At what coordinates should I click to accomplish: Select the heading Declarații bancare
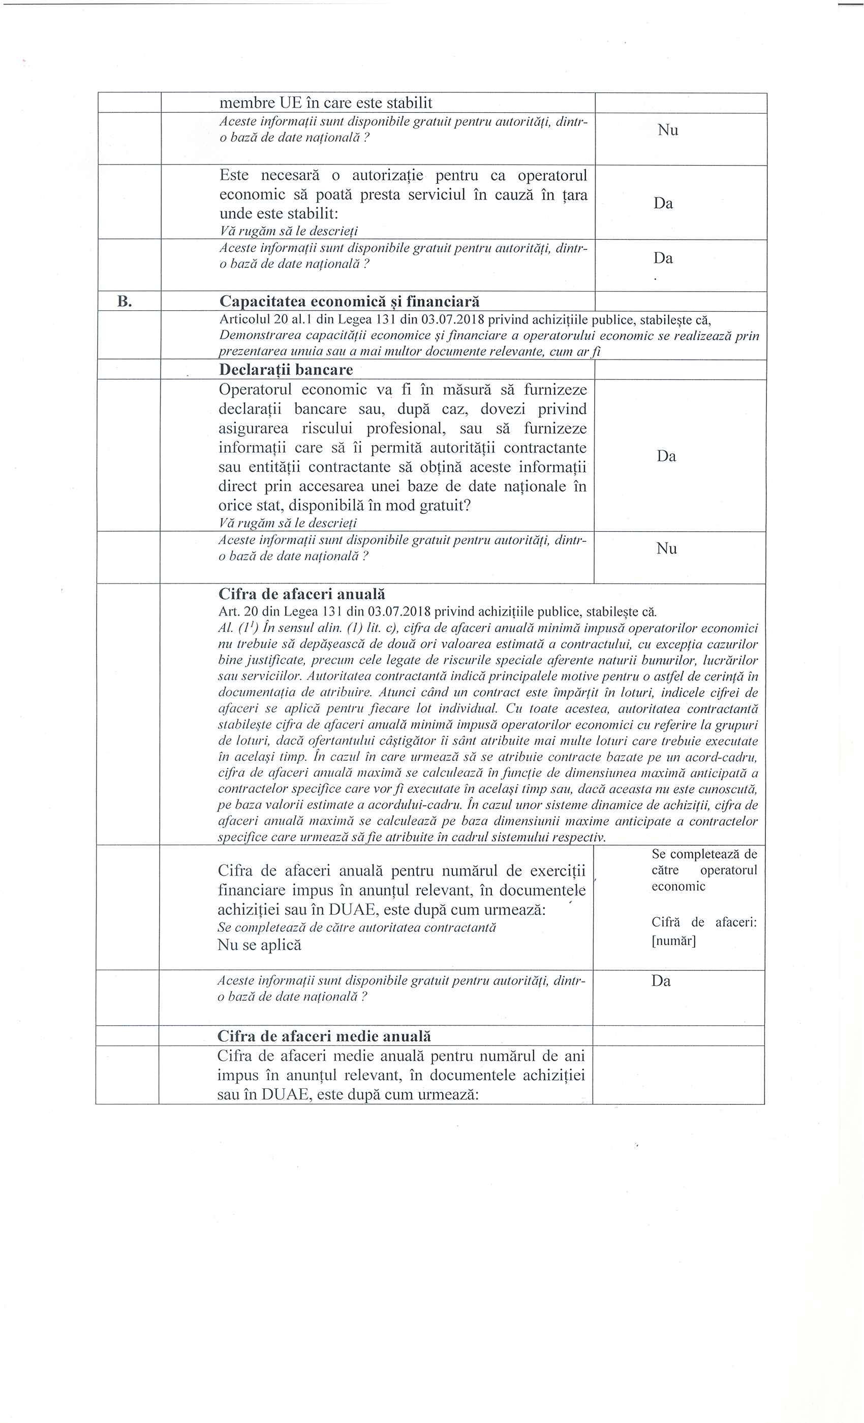click(286, 370)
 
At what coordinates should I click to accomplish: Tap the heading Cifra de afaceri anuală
click(302, 594)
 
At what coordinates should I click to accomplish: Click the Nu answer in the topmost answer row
click(667, 131)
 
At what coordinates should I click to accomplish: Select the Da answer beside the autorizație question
click(663, 203)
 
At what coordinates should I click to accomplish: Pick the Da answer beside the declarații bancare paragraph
click(666, 456)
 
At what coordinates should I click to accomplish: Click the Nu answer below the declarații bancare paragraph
click(666, 548)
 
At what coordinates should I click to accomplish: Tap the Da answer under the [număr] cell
click(661, 981)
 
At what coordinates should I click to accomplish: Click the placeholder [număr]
click(673, 941)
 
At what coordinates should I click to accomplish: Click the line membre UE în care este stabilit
click(325, 103)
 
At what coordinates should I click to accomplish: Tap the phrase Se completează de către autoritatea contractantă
click(357, 927)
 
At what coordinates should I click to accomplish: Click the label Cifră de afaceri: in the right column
click(704, 922)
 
